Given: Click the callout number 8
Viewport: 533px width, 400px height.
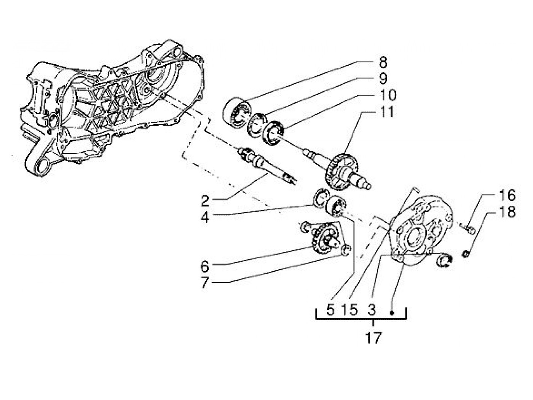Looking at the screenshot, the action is [x=383, y=62].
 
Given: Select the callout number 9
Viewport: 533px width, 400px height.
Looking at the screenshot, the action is [x=383, y=78].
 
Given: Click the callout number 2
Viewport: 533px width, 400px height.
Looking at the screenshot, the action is [x=205, y=200].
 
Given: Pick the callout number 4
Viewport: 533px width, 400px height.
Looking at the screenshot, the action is [x=205, y=217].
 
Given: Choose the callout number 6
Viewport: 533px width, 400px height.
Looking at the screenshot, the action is [x=205, y=267].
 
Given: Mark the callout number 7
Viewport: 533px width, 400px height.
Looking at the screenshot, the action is [x=205, y=284].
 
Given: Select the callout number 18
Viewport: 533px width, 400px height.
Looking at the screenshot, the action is [x=507, y=212].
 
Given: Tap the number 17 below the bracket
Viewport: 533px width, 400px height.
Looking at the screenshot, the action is [x=373, y=338].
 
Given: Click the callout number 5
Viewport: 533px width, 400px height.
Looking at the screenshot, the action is [x=330, y=310].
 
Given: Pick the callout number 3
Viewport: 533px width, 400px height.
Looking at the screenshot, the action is [x=372, y=310].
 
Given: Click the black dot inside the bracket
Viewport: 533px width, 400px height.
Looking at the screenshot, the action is [x=392, y=313].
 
